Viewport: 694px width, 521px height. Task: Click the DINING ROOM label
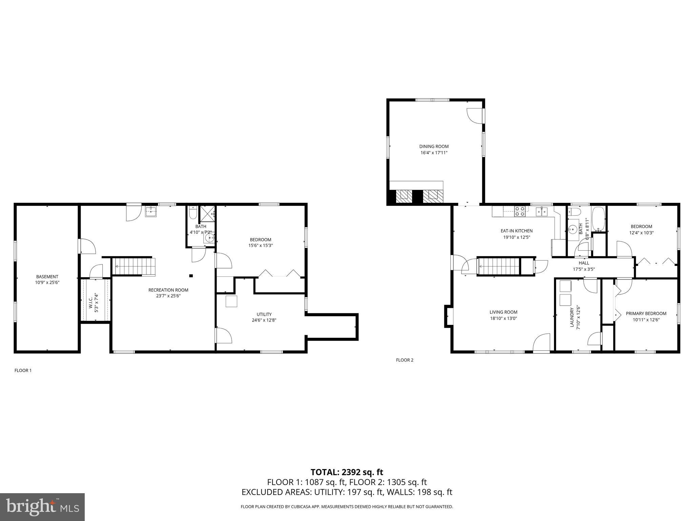(434, 147)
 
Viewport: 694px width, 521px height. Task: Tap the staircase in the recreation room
(134, 266)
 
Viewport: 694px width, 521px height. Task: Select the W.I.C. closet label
(91, 300)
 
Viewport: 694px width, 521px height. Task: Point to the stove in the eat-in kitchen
(519, 211)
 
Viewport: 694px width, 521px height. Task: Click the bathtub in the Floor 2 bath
(598, 219)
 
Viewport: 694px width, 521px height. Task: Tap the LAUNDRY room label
(572, 317)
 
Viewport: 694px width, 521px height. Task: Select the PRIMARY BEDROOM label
(646, 313)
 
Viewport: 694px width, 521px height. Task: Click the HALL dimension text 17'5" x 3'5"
(584, 269)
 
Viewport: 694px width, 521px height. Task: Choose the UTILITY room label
(264, 314)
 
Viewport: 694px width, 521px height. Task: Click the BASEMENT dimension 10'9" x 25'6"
(47, 282)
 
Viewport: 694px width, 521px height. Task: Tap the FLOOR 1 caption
(23, 370)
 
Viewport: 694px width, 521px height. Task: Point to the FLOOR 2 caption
(405, 360)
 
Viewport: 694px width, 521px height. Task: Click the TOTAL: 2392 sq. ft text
(347, 472)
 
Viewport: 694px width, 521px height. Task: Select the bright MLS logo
(42, 507)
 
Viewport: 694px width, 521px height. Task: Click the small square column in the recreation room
(191, 276)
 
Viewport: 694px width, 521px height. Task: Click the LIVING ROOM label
(503, 312)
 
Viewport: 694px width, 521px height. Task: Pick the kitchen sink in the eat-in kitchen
(542, 212)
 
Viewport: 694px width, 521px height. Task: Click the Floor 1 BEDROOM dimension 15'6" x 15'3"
(260, 245)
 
